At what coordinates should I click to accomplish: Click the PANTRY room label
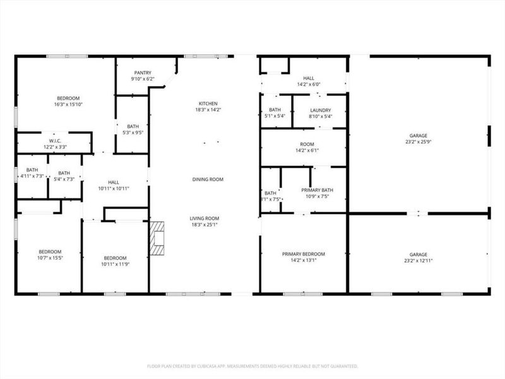click(142, 73)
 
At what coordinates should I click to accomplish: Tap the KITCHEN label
click(208, 104)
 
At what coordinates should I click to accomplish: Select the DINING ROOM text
click(208, 179)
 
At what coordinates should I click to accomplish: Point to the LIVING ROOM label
click(205, 219)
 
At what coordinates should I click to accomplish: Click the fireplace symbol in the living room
click(157, 238)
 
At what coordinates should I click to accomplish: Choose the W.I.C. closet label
click(54, 140)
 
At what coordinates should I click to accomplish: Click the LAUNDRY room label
click(320, 110)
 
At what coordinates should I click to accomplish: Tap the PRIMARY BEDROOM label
click(304, 253)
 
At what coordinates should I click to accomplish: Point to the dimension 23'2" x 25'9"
click(419, 142)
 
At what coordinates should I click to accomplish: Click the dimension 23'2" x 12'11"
click(419, 260)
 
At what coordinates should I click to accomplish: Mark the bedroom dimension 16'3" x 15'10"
click(68, 105)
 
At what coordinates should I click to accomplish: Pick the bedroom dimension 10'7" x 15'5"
click(50, 258)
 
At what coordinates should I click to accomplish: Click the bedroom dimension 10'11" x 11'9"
click(116, 264)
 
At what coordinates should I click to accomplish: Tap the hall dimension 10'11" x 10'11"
click(114, 188)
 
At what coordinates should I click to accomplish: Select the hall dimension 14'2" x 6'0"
click(309, 85)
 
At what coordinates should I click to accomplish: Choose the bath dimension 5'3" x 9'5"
click(133, 133)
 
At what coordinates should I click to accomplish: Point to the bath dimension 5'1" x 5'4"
click(275, 116)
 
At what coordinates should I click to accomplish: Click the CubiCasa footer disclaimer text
click(252, 366)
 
